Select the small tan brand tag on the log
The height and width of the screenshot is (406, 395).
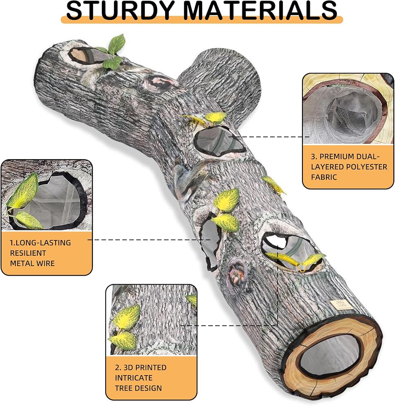pos(339,304)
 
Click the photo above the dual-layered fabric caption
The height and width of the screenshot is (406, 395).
pos(348,108)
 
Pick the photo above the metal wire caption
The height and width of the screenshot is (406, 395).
pos(47,195)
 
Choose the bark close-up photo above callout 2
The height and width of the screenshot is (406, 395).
pos(151,320)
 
